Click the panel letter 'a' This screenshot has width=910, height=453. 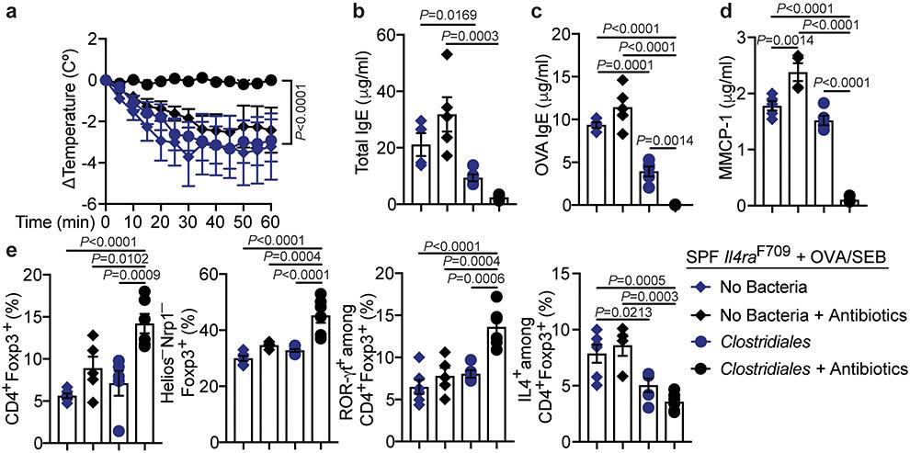[9, 12]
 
